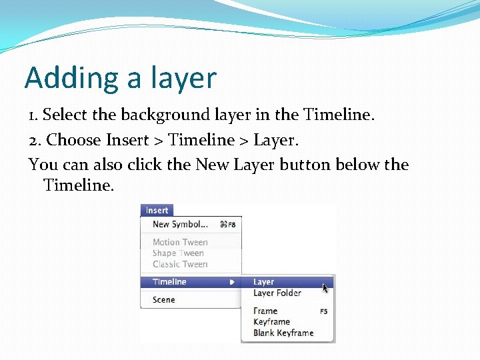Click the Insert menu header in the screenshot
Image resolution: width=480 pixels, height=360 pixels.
pos(157,210)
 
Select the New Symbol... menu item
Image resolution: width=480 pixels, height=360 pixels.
pos(180,225)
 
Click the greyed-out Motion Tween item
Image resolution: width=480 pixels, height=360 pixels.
pos(180,243)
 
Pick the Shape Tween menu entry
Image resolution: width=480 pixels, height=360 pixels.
pos(178,253)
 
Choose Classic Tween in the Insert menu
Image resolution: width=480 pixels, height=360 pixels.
pos(180,264)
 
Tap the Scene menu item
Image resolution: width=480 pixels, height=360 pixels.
pos(163,300)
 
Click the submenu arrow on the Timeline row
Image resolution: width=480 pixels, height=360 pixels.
pos(232,282)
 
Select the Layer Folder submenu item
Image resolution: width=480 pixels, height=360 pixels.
pos(277,293)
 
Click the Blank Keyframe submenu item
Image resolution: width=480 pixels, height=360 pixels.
pos(283,333)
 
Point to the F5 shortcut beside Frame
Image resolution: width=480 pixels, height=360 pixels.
pos(323,311)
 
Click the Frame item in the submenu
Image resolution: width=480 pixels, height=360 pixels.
pos(265,311)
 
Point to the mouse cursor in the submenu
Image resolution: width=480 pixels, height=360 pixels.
pos(325,287)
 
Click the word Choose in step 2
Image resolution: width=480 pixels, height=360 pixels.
pos(74,140)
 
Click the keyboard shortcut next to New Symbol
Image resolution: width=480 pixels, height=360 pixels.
pos(227,225)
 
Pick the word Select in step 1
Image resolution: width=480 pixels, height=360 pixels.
pos(65,115)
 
